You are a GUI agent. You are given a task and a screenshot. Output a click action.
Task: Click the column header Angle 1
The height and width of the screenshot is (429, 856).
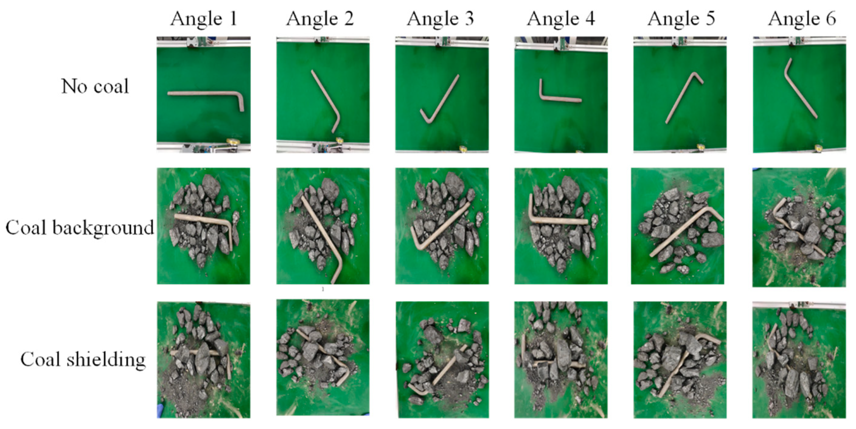pyautogui.click(x=204, y=19)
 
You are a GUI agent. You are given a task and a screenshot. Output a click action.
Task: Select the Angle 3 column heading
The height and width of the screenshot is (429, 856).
pyautogui.click(x=440, y=19)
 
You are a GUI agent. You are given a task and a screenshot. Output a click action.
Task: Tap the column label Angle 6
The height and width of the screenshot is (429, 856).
pyautogui.click(x=802, y=19)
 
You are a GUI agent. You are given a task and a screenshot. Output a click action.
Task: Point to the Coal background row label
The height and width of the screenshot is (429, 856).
pyautogui.click(x=80, y=228)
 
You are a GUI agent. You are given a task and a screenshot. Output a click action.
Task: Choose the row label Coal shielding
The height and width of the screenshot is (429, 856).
pyautogui.click(x=83, y=360)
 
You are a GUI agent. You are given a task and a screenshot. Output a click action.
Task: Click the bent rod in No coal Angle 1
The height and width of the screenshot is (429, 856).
pyautogui.click(x=203, y=94)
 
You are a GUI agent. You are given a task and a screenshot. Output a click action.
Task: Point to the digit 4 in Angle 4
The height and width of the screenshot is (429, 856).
pyautogui.click(x=590, y=19)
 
